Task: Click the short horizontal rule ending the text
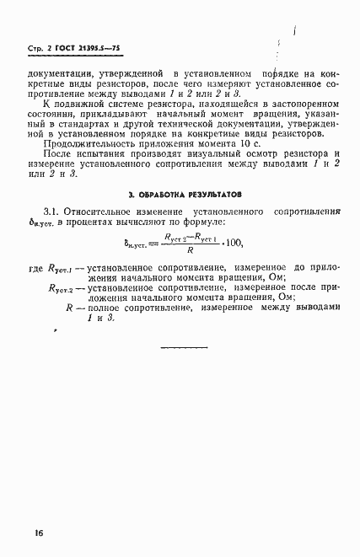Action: click(183, 346)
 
